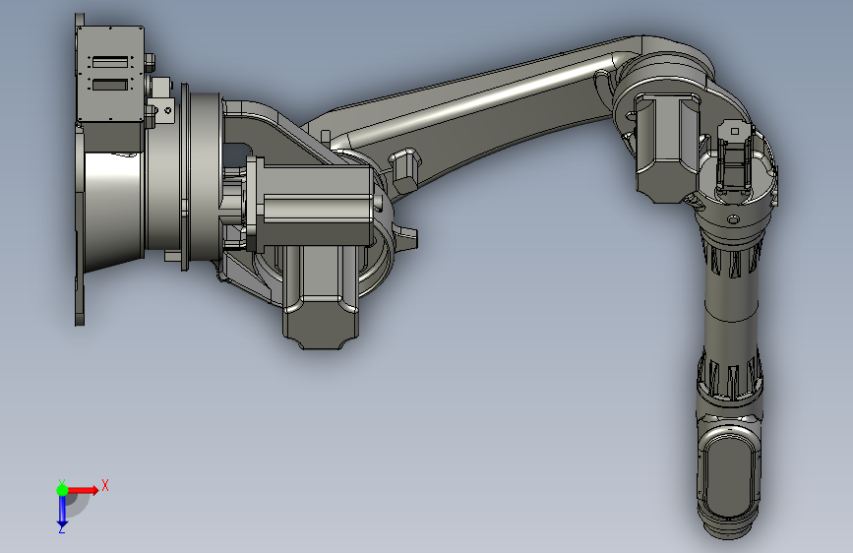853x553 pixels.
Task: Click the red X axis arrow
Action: point(83,490)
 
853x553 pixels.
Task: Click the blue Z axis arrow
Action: point(62,510)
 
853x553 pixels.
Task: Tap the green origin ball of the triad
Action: point(62,490)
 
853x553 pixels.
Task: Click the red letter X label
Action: point(105,485)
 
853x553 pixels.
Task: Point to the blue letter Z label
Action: point(62,528)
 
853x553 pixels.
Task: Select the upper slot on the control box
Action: point(110,62)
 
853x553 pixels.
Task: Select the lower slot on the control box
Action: point(110,85)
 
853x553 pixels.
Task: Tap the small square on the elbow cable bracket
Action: point(734,131)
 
